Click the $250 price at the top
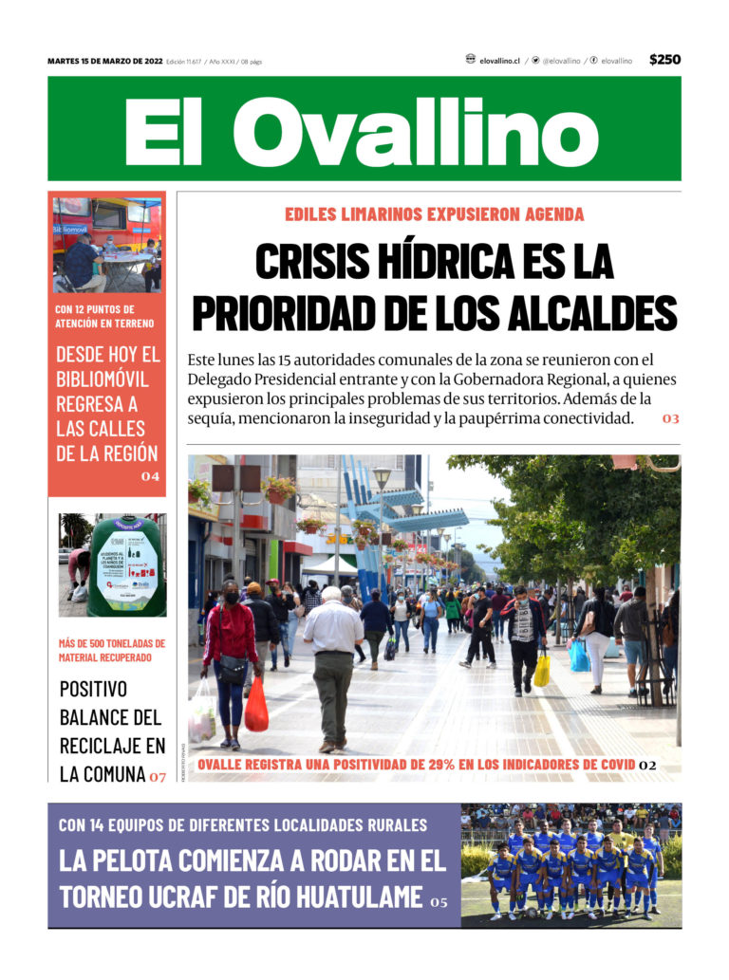coord(664,60)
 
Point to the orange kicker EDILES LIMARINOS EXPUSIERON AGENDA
coord(434,214)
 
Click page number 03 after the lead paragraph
coord(671,418)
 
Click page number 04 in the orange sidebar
coord(150,476)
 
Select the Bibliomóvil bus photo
coord(106,245)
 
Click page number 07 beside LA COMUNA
coord(157,776)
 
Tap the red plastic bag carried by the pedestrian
coord(255,705)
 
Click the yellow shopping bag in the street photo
coord(541,671)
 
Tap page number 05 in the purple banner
coord(438,901)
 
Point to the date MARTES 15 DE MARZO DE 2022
coord(104,62)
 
